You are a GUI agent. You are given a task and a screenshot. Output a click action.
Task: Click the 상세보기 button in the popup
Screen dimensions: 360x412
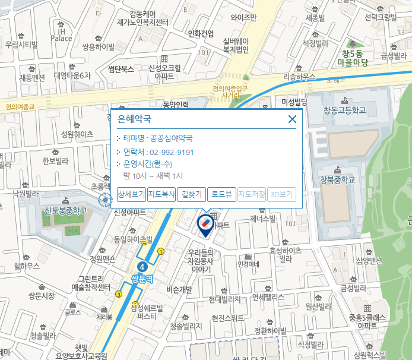click(x=131, y=194)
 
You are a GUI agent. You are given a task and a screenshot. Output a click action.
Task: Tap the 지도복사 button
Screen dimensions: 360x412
click(x=161, y=194)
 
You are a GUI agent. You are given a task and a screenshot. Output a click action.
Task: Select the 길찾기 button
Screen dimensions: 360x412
click(x=191, y=194)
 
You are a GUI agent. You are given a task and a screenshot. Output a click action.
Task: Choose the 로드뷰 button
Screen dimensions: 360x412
click(x=221, y=194)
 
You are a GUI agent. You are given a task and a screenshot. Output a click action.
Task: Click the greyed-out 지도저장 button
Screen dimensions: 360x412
click(x=252, y=194)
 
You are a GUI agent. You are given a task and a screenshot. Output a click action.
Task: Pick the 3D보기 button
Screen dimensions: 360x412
click(x=281, y=194)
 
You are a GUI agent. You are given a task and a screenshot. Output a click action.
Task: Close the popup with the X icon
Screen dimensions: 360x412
click(x=291, y=119)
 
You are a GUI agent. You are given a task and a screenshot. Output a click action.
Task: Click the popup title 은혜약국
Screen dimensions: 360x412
click(x=135, y=119)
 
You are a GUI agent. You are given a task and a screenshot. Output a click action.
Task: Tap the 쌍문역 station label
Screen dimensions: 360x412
click(x=142, y=278)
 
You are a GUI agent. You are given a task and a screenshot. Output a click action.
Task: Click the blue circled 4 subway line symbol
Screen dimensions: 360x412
click(x=141, y=266)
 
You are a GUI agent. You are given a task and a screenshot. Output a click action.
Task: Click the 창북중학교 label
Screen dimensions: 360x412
click(x=337, y=180)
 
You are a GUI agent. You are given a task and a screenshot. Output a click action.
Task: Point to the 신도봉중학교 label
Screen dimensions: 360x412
click(x=65, y=211)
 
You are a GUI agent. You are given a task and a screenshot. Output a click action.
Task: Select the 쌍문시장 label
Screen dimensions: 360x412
click(x=42, y=295)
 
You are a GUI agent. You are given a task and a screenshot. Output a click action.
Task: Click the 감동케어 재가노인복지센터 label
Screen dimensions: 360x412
click(x=142, y=18)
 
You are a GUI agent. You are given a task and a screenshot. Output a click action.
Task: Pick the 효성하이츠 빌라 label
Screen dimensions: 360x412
click(x=286, y=255)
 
